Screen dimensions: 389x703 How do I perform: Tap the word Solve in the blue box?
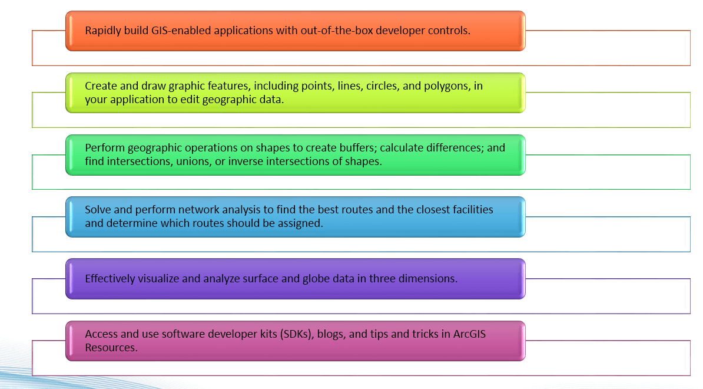click(x=98, y=210)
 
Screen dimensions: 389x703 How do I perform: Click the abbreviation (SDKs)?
click(x=296, y=334)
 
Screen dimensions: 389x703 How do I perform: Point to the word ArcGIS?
click(x=469, y=334)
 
